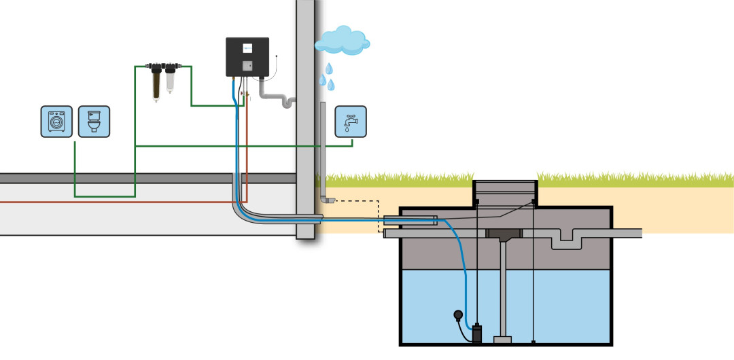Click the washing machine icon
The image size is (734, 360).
[x=56, y=122]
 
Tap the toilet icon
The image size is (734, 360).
[x=94, y=122]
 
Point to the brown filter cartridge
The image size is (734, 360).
[x=156, y=83]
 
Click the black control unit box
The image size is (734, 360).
[x=247, y=57]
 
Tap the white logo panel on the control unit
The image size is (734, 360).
[x=247, y=48]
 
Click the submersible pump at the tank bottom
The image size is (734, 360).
[x=477, y=333]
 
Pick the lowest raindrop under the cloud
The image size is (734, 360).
[x=332, y=86]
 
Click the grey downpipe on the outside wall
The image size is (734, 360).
[x=323, y=149]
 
